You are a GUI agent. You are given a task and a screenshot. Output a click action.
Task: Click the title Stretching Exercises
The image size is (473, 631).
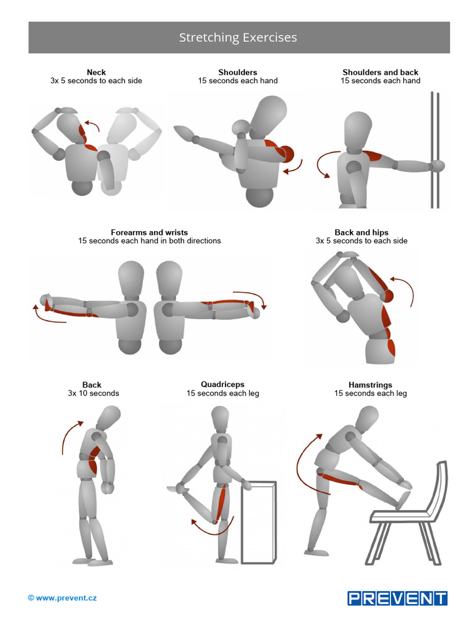pyautogui.click(x=238, y=38)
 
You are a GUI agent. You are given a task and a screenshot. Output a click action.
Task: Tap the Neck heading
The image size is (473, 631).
pyautogui.click(x=96, y=72)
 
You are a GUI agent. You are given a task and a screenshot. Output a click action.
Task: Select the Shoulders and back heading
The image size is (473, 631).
pyautogui.click(x=380, y=72)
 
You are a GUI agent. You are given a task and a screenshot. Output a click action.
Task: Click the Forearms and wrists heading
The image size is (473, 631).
pyautogui.click(x=149, y=232)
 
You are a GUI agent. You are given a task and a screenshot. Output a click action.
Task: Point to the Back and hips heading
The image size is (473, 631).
pyautogui.click(x=362, y=232)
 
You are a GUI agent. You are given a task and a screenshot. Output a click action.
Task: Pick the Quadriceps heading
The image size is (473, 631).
pyautogui.click(x=222, y=385)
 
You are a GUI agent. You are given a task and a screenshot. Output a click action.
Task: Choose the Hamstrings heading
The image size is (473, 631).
pyautogui.click(x=370, y=385)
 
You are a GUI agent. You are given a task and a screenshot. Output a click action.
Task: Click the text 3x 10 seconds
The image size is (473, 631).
pyautogui.click(x=93, y=393)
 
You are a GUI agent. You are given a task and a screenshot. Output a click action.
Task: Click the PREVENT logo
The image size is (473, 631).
pyautogui.click(x=397, y=598)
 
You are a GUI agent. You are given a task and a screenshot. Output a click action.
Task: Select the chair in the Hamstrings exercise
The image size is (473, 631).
pyautogui.click(x=419, y=518)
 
